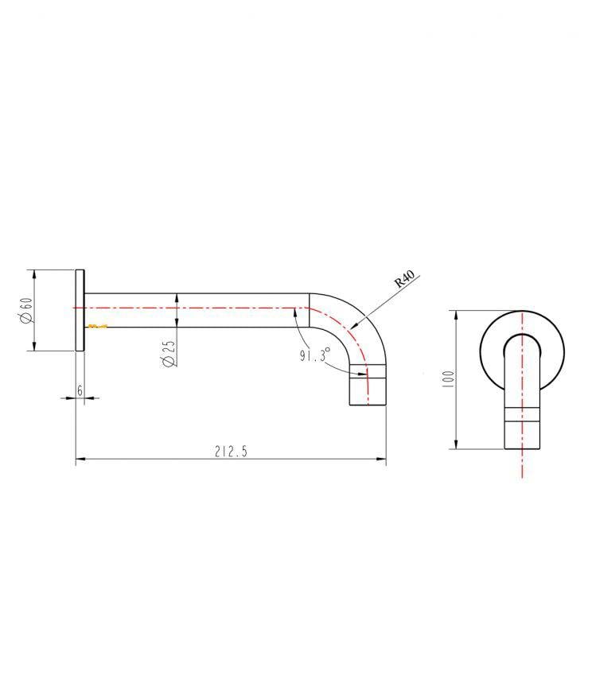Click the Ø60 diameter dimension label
25,310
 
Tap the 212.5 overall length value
231,452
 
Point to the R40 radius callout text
405,280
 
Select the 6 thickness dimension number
80,390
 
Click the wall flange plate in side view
80,310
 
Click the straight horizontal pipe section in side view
199,309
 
